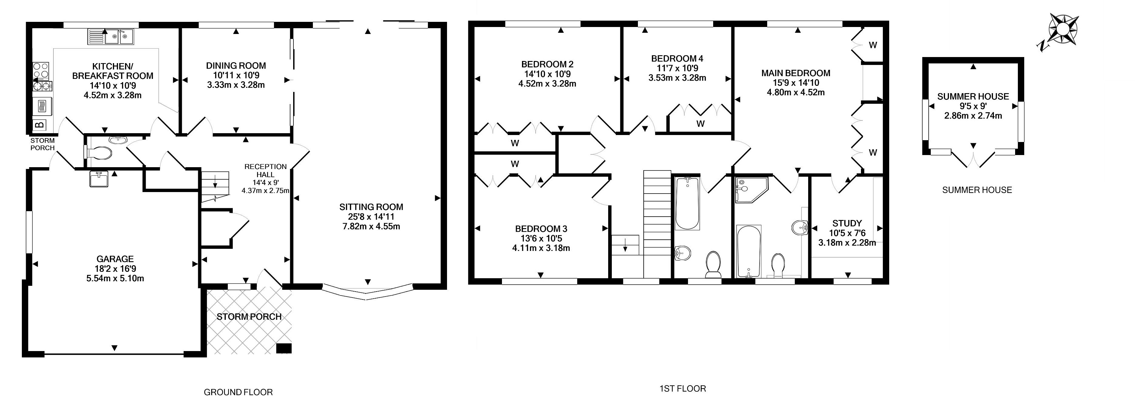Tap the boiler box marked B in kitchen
coord(39,125)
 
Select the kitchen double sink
coord(119,37)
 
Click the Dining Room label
coord(236,66)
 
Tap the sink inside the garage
coord(98,179)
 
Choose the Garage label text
coord(115,259)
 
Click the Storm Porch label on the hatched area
coord(249,316)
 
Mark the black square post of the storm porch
coord(284,348)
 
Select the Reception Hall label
coord(265,171)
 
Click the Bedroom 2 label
coord(547,64)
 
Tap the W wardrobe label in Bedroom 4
coord(700,124)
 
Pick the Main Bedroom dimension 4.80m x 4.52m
coord(796,93)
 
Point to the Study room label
coord(847,223)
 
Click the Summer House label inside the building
coord(973,96)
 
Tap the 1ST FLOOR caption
coord(683,389)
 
